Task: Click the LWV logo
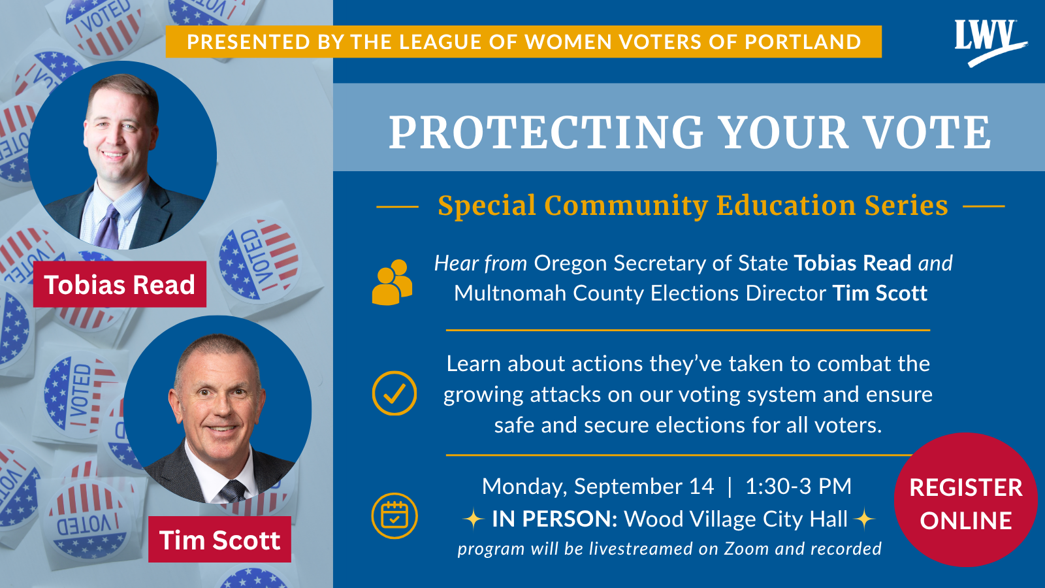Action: point(990,42)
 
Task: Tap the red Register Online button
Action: point(966,500)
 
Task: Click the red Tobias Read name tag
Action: point(120,284)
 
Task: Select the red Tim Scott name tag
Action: point(219,540)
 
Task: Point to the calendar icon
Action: point(394,515)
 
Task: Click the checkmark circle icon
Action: point(394,393)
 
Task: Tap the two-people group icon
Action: point(392,282)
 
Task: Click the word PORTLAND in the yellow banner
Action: point(803,42)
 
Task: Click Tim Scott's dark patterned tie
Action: point(233,491)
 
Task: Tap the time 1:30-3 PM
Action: point(798,486)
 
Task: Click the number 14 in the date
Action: point(701,486)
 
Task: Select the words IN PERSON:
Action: point(555,519)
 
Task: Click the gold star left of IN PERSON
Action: point(473,519)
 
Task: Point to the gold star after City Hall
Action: point(864,519)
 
